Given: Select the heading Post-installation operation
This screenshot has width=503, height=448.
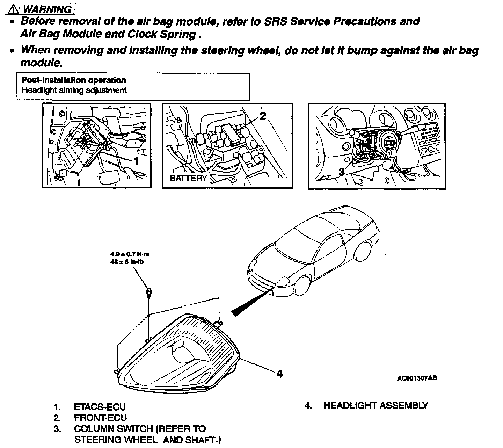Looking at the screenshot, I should pos(74,80).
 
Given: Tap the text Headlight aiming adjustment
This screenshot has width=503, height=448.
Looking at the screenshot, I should pos(74,90).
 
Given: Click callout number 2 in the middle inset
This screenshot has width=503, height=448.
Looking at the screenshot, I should pos(263,116).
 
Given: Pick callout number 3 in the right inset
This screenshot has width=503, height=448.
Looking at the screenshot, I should pos(342,172).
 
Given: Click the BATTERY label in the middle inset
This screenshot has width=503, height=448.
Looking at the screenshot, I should pos(189,178).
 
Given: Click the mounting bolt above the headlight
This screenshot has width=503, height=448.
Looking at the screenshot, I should pos(148,291).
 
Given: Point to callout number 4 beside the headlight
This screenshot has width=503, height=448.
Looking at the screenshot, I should pos(279,374).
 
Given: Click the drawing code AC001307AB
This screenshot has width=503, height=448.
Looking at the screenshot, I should pos(417,378).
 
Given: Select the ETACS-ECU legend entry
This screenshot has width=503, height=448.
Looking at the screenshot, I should pos(100,407).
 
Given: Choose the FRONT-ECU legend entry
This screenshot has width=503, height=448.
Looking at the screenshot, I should pos(100,418).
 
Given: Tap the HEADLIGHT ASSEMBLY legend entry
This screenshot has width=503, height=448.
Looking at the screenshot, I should pos(376,405).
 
